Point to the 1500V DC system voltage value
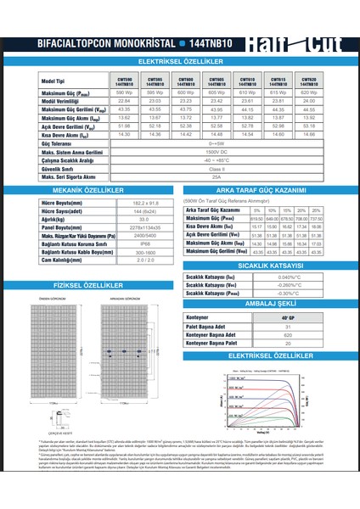pos(222,153)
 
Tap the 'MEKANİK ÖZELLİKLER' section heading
pos(93,192)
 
